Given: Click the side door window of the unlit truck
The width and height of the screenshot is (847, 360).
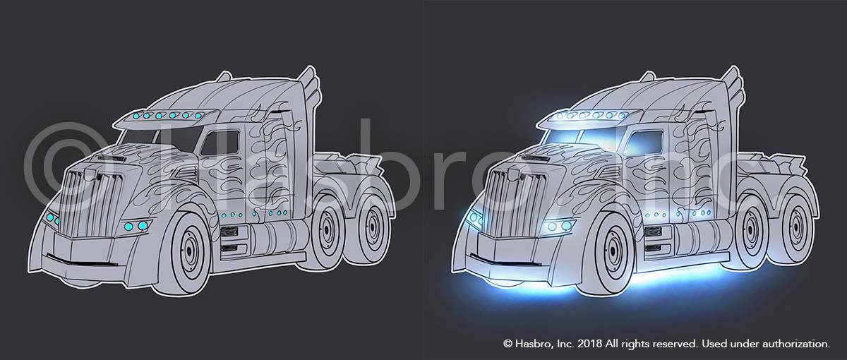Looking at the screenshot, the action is [x=220, y=143].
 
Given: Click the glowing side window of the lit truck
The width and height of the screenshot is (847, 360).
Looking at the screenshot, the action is [x=644, y=143].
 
